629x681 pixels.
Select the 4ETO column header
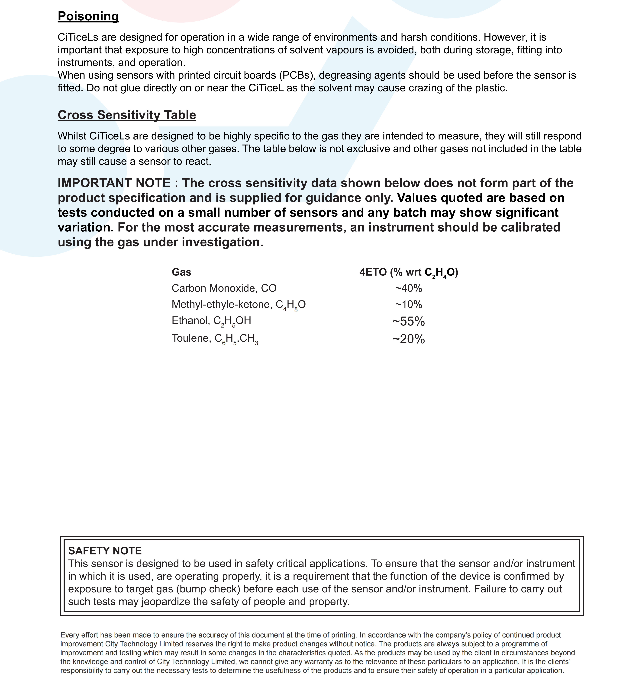408,272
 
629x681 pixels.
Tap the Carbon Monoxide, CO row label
224,288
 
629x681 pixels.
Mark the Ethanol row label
211,321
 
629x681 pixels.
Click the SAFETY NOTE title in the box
105,551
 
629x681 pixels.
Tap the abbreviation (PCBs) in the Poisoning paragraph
297,75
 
